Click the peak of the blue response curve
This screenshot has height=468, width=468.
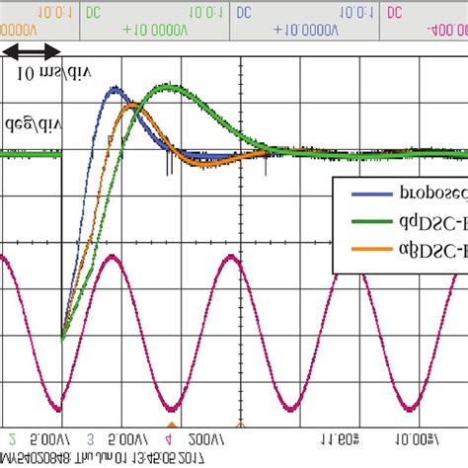[115, 91]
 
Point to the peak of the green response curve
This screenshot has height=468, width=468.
[170, 88]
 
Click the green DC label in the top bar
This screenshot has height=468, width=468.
[93, 12]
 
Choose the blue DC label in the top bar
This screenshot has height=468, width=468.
[244, 12]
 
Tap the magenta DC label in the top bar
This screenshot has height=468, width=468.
[394, 12]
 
